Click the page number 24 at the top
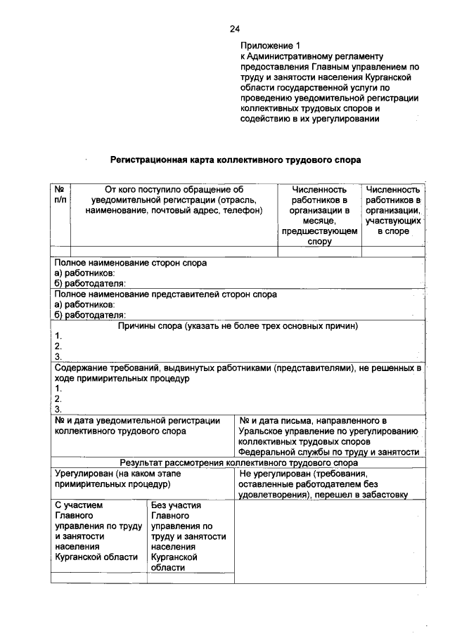pos(235,29)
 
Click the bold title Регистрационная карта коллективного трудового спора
pos(235,160)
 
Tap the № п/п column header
pos(60,195)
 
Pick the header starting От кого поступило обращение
pos(173,190)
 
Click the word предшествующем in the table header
pos(319,231)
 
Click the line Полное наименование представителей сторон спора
pos(165,294)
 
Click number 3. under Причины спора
pos(58,356)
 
